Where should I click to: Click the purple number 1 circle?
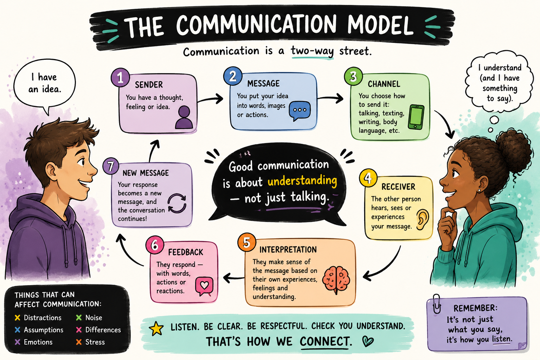coord(120,77)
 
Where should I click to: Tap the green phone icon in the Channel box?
coord(416,117)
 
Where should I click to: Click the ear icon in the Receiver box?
coord(423,219)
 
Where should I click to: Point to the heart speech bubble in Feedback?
coord(204,286)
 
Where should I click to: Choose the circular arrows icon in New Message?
coord(177,203)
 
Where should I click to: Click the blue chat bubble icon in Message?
coord(300,111)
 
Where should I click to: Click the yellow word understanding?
coord(302,181)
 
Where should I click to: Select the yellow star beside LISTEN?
coord(156,328)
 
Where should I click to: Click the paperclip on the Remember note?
coord(437,304)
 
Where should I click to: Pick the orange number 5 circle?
coord(246,242)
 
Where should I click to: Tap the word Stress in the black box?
coord(95,342)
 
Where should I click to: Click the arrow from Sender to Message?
coord(210,99)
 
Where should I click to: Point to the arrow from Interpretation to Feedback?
coord(233,278)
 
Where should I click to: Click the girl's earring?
coord(479,191)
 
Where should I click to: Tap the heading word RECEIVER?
coord(398,187)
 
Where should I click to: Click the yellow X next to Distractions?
coord(17,318)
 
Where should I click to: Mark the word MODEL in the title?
coord(380,25)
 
